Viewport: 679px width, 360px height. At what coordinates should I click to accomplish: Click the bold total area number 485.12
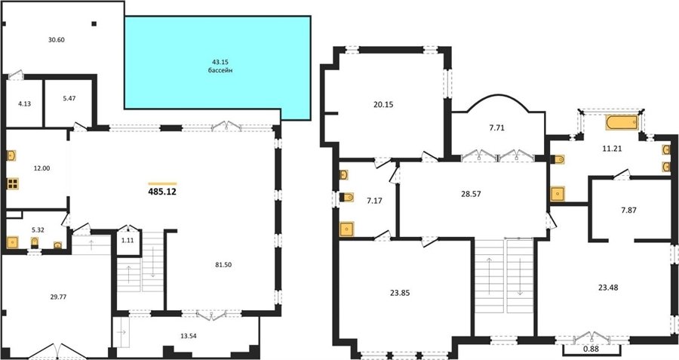point(162,192)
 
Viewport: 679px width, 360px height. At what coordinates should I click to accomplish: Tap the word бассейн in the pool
point(220,70)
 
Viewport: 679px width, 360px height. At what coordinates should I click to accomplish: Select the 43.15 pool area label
point(220,62)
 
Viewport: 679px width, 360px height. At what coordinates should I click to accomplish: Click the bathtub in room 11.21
point(622,122)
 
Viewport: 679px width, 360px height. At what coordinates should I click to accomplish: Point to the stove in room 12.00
point(13,183)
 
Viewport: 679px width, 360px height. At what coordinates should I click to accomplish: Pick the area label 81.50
point(223,265)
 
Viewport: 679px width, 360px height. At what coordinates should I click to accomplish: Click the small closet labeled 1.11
point(128,242)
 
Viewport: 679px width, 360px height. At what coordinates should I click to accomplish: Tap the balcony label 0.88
point(591,349)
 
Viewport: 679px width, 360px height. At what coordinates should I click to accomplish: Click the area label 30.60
point(57,40)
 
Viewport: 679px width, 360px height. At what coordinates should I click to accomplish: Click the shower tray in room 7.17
point(347,229)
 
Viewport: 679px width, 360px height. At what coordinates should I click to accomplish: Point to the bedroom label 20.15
point(383,104)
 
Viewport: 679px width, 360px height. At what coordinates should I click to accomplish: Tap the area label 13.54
point(189,335)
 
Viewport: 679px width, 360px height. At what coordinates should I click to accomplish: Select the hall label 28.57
point(471,194)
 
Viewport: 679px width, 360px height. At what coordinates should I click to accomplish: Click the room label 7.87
point(628,210)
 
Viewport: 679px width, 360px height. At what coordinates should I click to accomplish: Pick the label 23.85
point(400,293)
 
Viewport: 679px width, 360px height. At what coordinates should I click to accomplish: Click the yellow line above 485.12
point(162,183)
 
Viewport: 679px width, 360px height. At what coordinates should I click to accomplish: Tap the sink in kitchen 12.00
point(11,155)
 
